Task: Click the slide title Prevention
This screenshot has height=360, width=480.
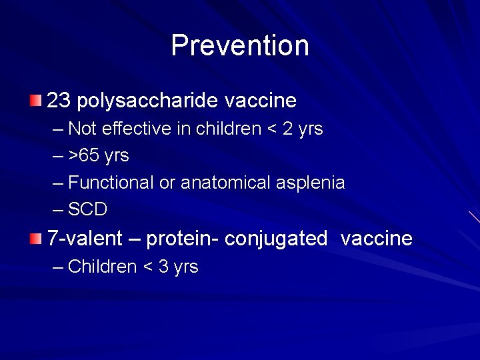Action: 240,45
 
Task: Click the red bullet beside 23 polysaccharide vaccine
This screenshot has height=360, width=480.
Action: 35,101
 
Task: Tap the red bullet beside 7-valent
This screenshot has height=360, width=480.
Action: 35,239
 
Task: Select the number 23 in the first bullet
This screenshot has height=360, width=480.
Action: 59,101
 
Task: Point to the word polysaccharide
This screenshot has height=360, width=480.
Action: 147,101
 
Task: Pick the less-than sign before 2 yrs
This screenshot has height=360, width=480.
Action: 272,129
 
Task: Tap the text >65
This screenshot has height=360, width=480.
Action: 85,156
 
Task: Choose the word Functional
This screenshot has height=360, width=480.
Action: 111,183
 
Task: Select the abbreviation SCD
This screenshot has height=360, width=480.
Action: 88,209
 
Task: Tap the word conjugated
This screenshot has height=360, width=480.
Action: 276,238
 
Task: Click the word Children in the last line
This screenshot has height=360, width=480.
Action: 103,267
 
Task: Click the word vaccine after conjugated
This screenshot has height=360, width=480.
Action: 377,238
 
